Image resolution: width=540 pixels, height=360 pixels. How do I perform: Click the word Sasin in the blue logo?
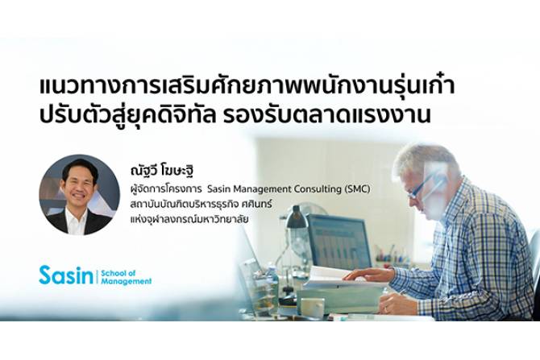tap(66, 275)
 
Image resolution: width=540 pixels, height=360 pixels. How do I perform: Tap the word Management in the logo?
tap(127, 281)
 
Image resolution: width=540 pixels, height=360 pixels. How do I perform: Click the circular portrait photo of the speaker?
tap(80, 194)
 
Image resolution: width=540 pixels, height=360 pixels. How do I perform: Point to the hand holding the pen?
tap(393, 301)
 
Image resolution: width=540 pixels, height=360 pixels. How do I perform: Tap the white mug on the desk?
tap(312, 307)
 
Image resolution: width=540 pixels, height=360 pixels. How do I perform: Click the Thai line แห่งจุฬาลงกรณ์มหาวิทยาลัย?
tap(189, 218)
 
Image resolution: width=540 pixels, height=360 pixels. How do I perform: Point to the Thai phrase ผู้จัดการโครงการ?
tap(166, 189)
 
